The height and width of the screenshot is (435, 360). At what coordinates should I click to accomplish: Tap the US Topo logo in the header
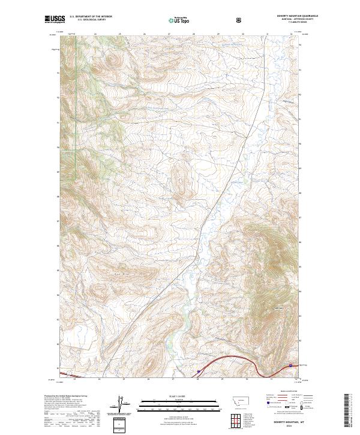pos(174,20)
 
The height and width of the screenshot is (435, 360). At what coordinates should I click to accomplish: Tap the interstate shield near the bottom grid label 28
pos(199,371)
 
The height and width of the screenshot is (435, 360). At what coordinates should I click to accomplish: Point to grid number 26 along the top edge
pos(145,34)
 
